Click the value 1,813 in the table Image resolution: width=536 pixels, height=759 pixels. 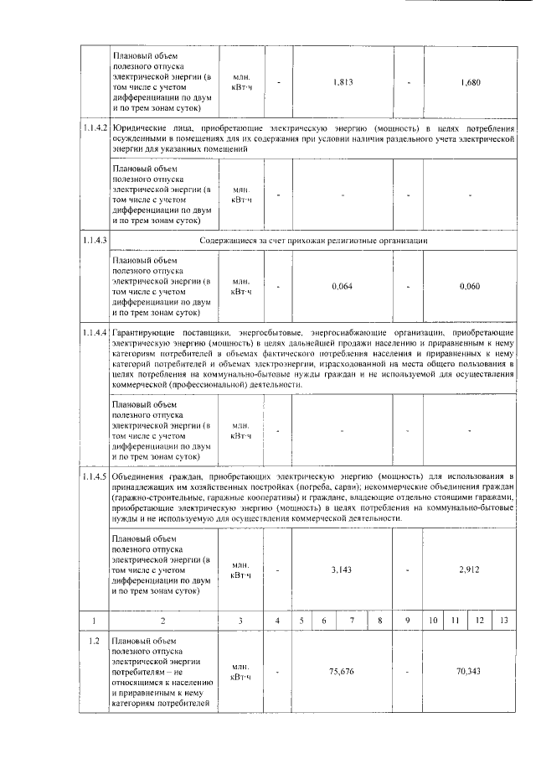click(342, 82)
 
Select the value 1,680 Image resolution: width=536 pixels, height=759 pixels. click(470, 82)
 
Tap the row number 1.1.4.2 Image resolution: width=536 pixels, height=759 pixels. click(94, 128)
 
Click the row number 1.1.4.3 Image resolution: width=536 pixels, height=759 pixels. click(94, 241)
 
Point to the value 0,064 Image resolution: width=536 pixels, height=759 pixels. click(342, 287)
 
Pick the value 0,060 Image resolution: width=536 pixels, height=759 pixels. click(470, 287)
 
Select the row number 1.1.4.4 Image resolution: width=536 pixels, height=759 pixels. click(94, 333)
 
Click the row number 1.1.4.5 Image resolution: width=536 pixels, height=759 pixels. click(94, 477)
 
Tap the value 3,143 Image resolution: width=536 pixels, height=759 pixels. click(342, 569)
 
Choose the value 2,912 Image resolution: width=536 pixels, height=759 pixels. click(470, 569)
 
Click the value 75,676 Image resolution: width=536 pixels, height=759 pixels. click(342, 672)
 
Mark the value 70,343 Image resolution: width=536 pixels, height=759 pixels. click(470, 672)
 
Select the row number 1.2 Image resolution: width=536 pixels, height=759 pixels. click(94, 642)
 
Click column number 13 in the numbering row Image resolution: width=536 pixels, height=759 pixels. click(502, 621)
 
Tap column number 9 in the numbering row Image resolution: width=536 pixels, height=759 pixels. click(406, 621)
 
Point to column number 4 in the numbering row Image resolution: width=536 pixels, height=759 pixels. click(278, 621)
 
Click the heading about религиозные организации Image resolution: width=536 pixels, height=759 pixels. click(314, 241)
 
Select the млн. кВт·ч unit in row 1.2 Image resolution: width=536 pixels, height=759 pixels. click(241, 672)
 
